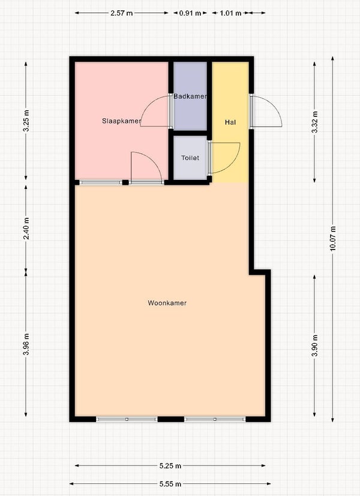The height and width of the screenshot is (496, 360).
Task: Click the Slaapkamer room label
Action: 121,121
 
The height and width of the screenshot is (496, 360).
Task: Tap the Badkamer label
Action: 190,96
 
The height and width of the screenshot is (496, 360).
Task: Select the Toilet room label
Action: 190,158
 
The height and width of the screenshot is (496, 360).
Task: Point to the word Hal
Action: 230,122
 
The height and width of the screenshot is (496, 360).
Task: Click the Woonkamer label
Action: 167,303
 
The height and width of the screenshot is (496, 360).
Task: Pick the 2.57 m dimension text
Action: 121,13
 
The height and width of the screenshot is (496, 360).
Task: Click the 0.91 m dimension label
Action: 190,13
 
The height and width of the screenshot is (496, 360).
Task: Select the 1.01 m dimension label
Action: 230,13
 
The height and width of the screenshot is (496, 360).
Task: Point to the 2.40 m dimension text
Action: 26,229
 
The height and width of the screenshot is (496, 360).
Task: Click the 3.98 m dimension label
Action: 26,344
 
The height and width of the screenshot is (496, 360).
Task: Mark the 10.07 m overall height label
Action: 333,239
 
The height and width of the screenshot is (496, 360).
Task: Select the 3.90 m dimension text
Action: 315,345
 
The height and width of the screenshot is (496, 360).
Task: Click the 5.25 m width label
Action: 170,465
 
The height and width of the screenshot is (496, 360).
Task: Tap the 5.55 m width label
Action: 170,483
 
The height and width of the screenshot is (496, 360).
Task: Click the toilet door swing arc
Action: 235,164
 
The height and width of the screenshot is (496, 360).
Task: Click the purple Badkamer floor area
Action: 190,114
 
